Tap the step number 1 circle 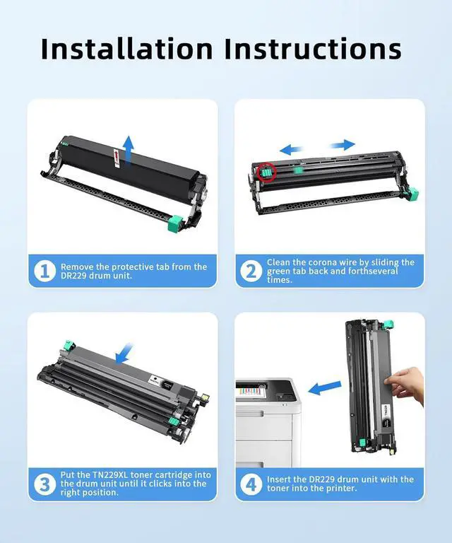point(45,271)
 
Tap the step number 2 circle point(251,271)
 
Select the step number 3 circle point(45,484)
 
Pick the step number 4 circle point(251,484)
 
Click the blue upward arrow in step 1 point(129,150)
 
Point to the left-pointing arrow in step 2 point(291,150)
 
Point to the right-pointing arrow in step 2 point(343,145)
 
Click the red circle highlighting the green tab point(266,172)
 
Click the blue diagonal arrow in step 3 point(124,354)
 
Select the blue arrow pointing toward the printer point(324,388)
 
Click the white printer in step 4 point(268,423)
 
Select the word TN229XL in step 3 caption point(110,475)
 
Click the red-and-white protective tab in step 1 point(117,158)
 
